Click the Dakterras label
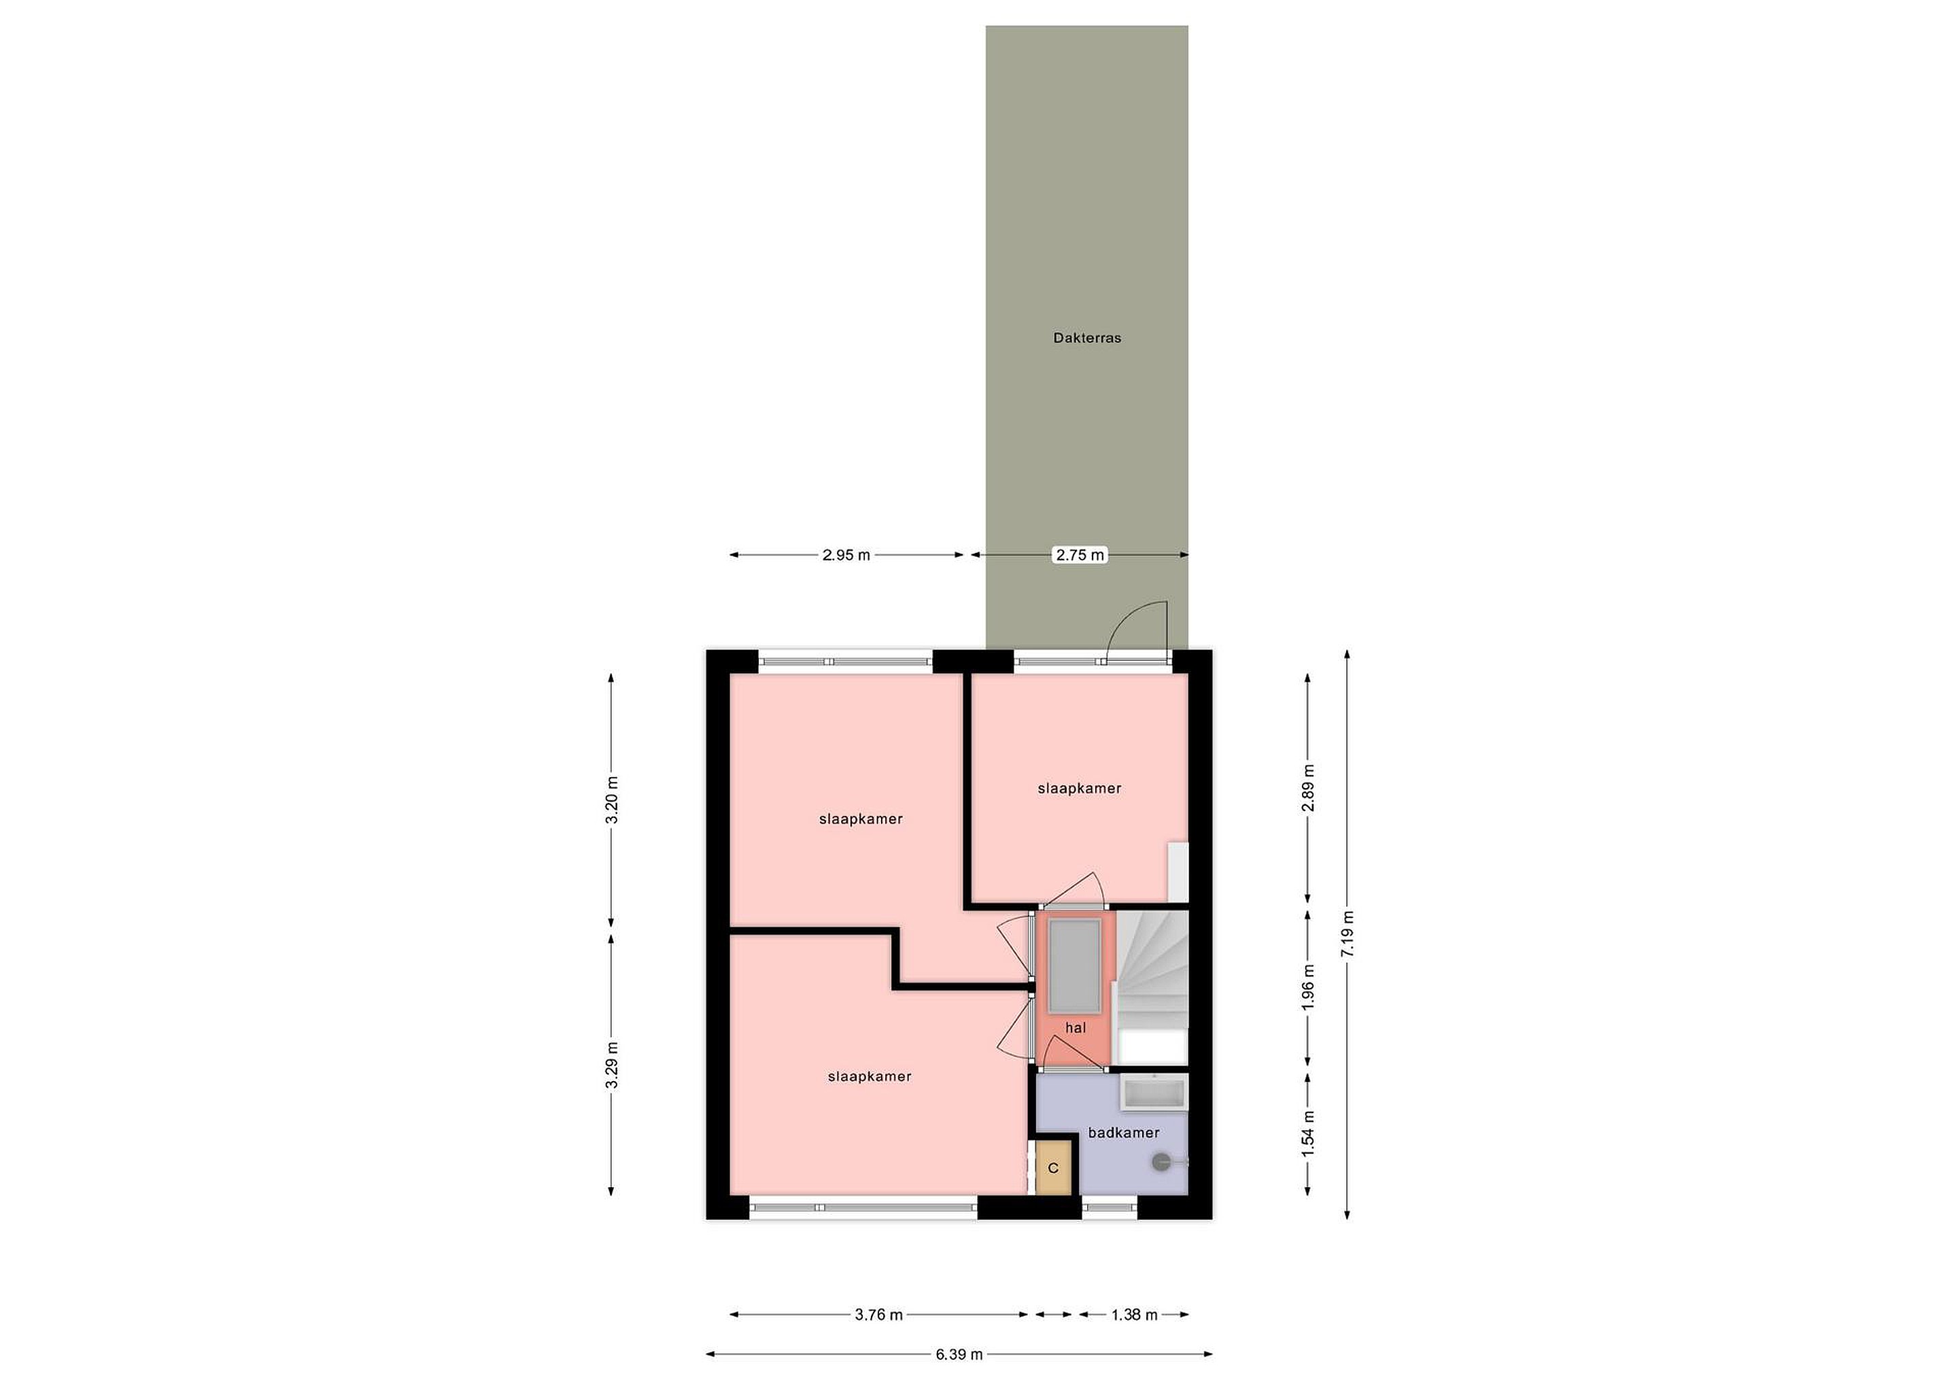(x=1086, y=338)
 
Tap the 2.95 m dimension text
(x=846, y=555)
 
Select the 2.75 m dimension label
(x=1080, y=555)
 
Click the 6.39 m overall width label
(x=959, y=1354)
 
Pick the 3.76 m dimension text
(x=878, y=1314)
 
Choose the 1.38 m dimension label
(x=1134, y=1314)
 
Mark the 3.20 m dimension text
(x=611, y=800)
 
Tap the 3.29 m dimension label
(x=611, y=1065)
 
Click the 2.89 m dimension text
(x=1308, y=788)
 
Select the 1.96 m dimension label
(x=1308, y=987)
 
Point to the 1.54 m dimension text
(x=1308, y=1134)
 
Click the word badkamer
(x=1123, y=1133)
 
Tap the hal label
(x=1076, y=1027)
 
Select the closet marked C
(x=1053, y=1167)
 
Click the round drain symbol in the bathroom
(x=1161, y=1161)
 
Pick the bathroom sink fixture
(x=1154, y=1093)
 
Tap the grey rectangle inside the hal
(x=1074, y=966)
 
